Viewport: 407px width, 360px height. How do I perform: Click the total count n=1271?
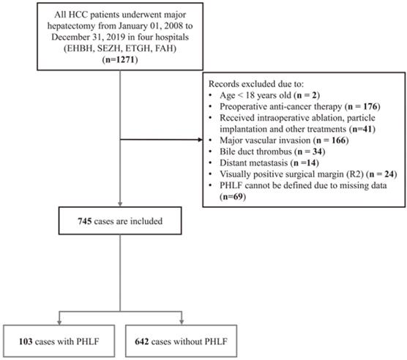coord(120,60)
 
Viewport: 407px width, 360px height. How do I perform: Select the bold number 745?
coord(85,221)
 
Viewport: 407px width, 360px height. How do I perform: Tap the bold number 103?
coord(26,341)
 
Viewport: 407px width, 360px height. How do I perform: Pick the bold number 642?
coord(142,341)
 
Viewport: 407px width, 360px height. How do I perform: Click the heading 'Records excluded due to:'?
coord(256,84)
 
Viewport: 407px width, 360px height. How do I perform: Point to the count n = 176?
coord(362,107)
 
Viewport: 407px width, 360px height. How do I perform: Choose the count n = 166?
coord(331,140)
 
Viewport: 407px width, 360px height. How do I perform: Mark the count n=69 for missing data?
coord(232,197)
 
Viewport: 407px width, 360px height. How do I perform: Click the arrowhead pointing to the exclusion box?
coord(200,140)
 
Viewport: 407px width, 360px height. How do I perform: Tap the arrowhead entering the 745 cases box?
coord(120,204)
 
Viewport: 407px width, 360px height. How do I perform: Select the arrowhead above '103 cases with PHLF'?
coord(59,322)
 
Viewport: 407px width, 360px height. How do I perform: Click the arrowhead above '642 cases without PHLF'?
coord(182,322)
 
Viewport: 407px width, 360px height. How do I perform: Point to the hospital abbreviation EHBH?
coord(80,48)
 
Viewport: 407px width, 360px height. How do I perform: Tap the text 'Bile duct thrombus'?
coord(255,151)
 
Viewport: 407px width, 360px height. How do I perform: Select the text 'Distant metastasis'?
coord(253,162)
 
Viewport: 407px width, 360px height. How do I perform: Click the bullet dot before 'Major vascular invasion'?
coord(211,140)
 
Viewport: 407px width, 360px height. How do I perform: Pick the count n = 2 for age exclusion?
coord(307,95)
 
